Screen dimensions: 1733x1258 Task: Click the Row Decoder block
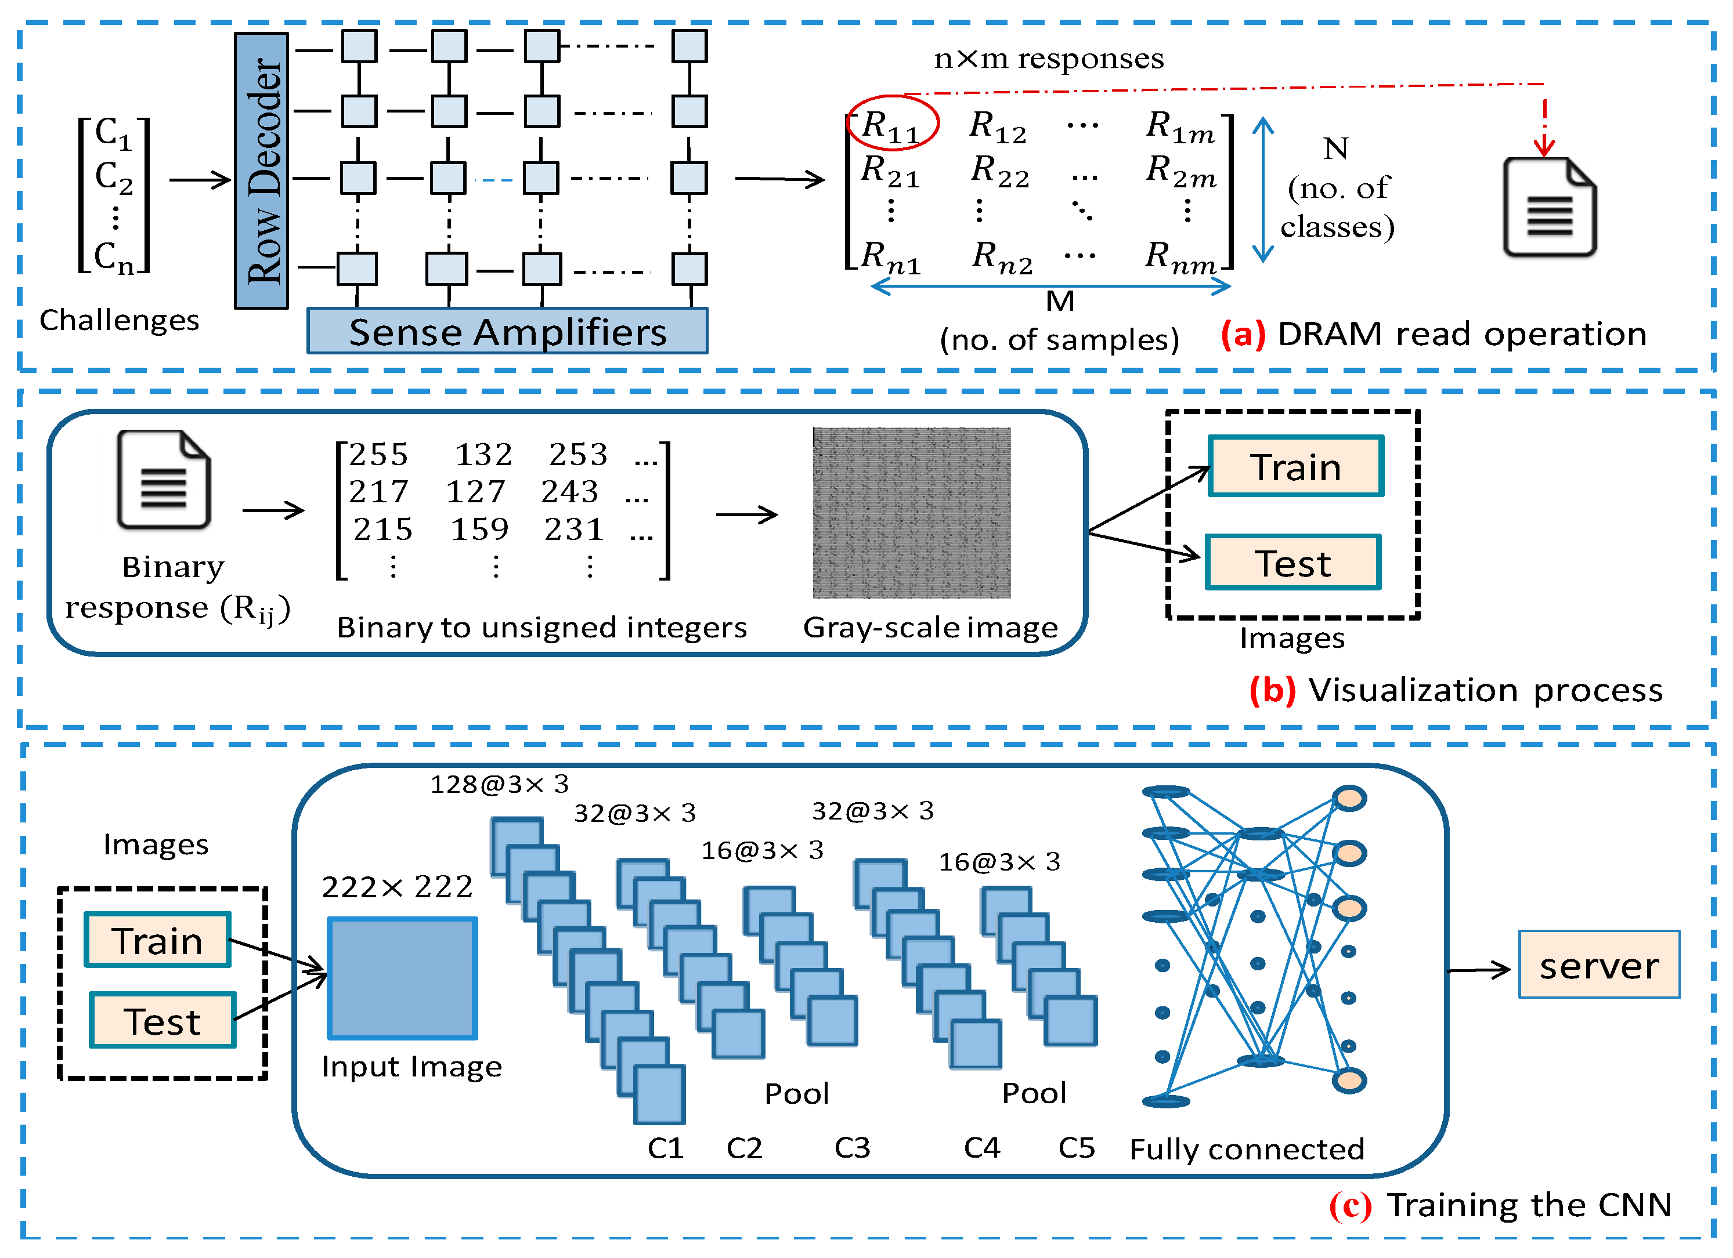[261, 171]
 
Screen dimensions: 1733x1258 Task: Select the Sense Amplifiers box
[507, 331]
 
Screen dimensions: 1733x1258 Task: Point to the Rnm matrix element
[1180, 256]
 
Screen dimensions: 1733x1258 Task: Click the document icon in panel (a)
[1550, 207]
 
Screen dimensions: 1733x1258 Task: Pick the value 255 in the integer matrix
[379, 455]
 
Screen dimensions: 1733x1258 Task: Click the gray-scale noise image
[912, 513]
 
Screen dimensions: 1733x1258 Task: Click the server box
[1600, 965]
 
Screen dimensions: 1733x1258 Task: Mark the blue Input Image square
[403, 978]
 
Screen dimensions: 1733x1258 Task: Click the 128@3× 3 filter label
[500, 784]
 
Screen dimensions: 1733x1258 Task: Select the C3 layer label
[853, 1148]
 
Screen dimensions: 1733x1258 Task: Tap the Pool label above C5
[1034, 1093]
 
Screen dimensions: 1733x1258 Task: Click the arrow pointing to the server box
[1479, 970]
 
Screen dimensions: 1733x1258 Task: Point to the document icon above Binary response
[164, 480]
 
